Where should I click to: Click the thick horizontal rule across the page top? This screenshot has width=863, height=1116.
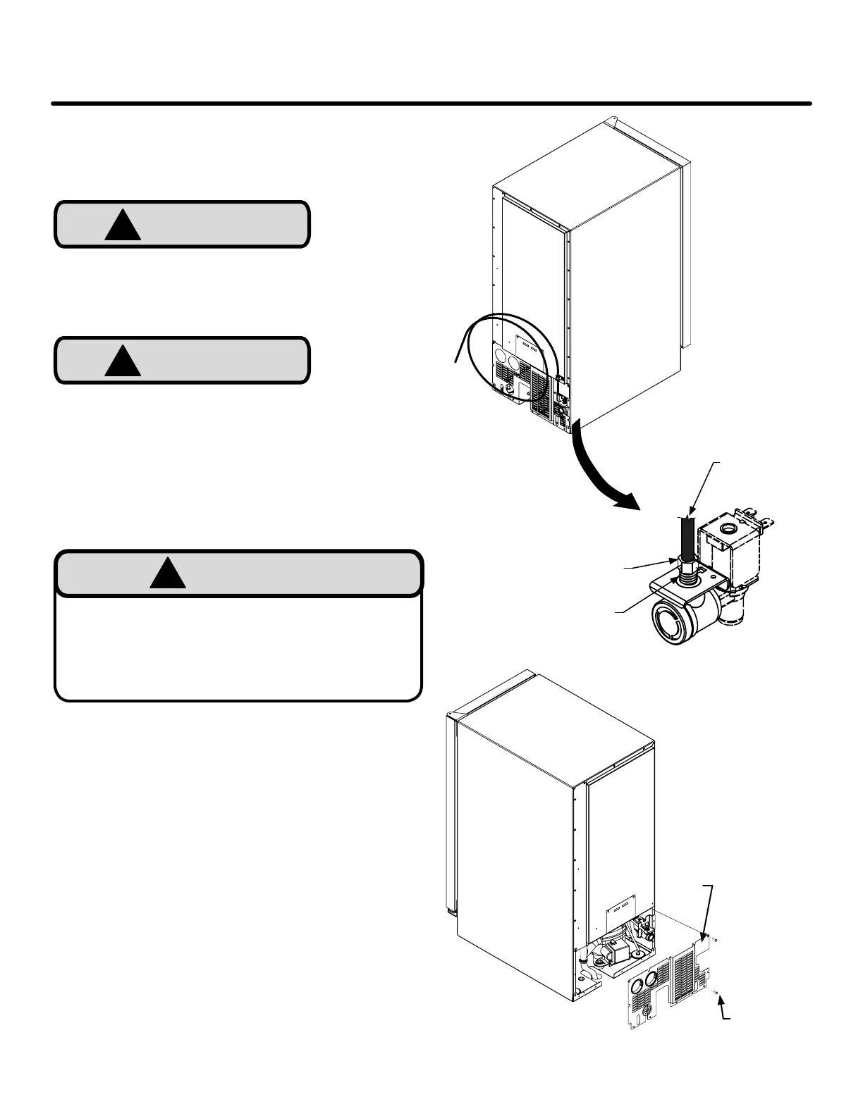coord(431,104)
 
